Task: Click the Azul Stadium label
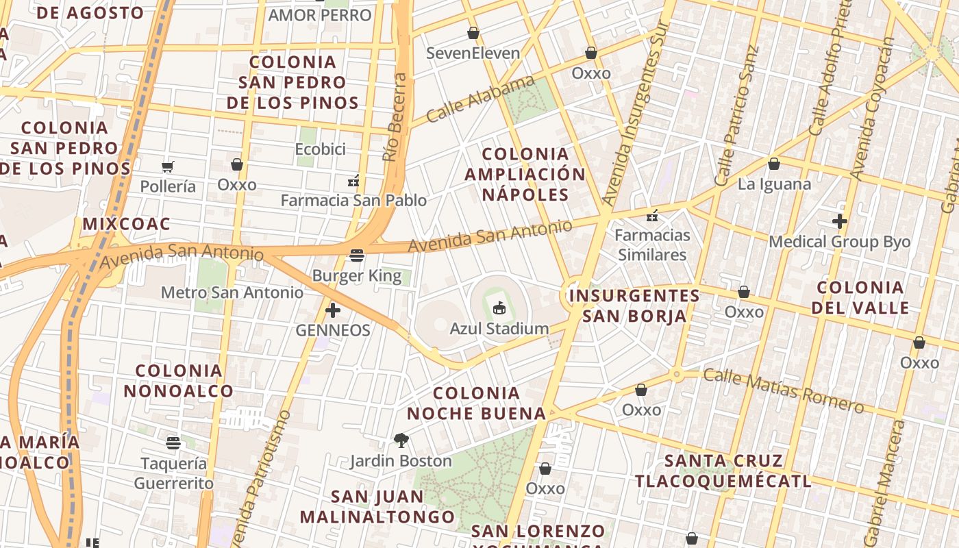(x=499, y=329)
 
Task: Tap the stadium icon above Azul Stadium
(x=499, y=308)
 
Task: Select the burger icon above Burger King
(x=356, y=256)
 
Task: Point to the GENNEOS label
(x=333, y=330)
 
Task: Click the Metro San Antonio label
(x=232, y=292)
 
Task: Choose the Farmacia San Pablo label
(x=353, y=201)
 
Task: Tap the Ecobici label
(x=320, y=149)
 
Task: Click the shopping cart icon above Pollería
(x=168, y=166)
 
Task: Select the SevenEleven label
(x=473, y=53)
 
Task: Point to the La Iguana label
(x=774, y=184)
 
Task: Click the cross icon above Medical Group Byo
(x=839, y=221)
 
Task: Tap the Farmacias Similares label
(x=652, y=245)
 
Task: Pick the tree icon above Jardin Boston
(x=401, y=440)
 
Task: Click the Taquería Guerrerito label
(x=173, y=473)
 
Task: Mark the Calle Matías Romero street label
(x=783, y=390)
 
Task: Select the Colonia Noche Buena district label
(x=476, y=403)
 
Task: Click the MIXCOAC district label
(x=126, y=224)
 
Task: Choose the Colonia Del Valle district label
(x=860, y=297)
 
